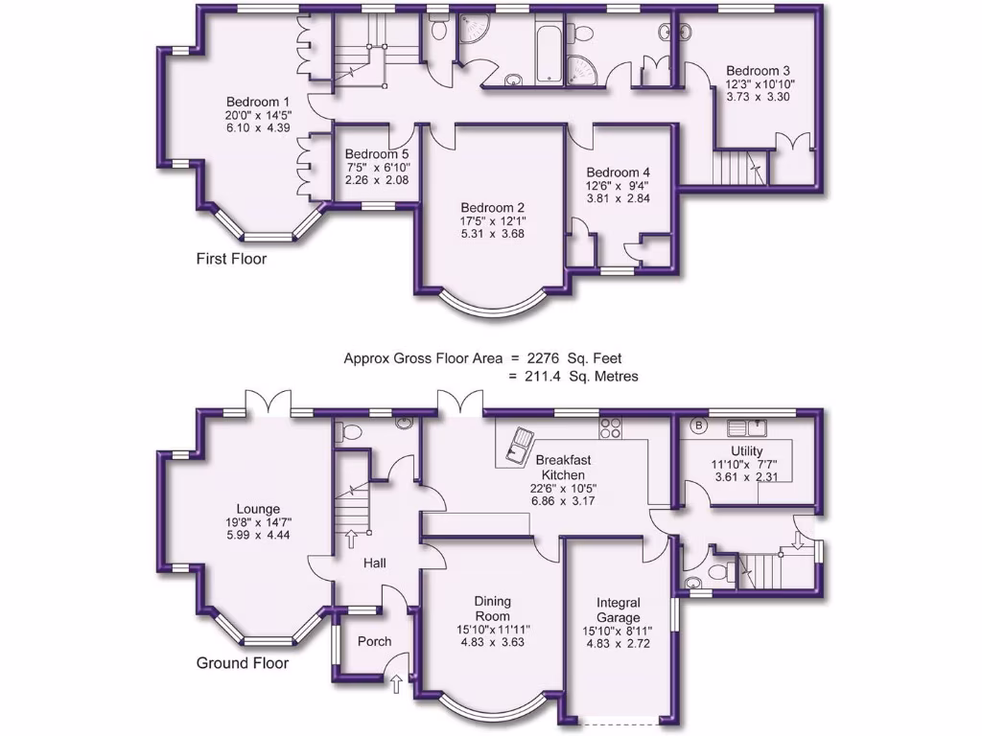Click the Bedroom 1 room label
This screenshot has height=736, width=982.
tap(258, 103)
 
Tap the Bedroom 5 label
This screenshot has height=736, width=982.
tap(377, 154)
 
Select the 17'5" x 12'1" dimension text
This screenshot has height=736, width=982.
tap(492, 221)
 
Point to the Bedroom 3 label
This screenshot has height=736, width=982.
tap(758, 71)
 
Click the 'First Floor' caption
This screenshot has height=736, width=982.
tap(231, 259)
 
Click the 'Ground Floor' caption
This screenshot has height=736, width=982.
tap(243, 662)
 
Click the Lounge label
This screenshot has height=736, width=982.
tap(259, 509)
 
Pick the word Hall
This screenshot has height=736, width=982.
tap(374, 563)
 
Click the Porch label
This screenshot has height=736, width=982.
tap(373, 641)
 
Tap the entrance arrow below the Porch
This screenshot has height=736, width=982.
tap(398, 682)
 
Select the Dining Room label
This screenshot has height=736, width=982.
tap(492, 609)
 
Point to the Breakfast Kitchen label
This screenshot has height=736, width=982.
tap(563, 468)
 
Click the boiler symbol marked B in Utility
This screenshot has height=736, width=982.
tap(698, 425)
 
